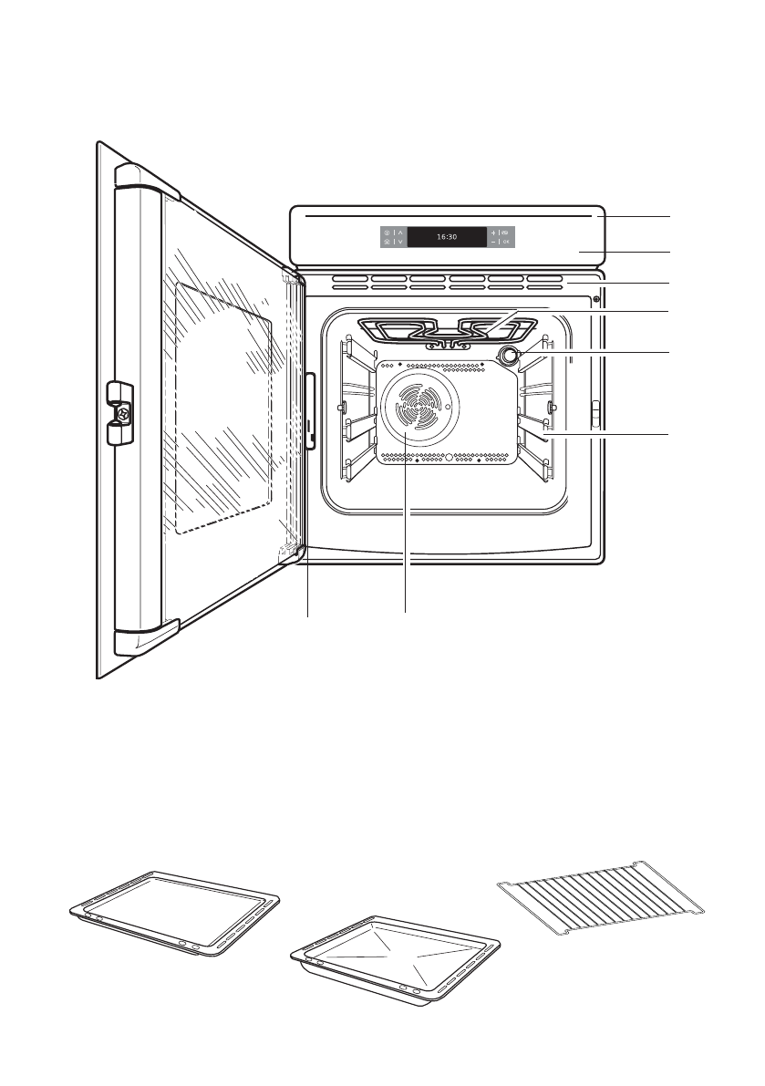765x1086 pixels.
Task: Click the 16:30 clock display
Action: pyautogui.click(x=446, y=237)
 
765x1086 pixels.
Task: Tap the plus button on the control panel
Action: pyautogui.click(x=493, y=233)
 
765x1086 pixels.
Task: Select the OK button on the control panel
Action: pyautogui.click(x=506, y=243)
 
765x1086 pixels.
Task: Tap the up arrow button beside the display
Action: pyautogui.click(x=400, y=233)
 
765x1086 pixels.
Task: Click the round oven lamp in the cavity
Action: pyautogui.click(x=508, y=356)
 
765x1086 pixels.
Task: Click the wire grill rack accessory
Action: pyautogui.click(x=604, y=896)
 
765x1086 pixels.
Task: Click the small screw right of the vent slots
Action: pyautogui.click(x=596, y=298)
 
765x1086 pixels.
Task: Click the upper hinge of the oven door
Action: pyautogui.click(x=291, y=275)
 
